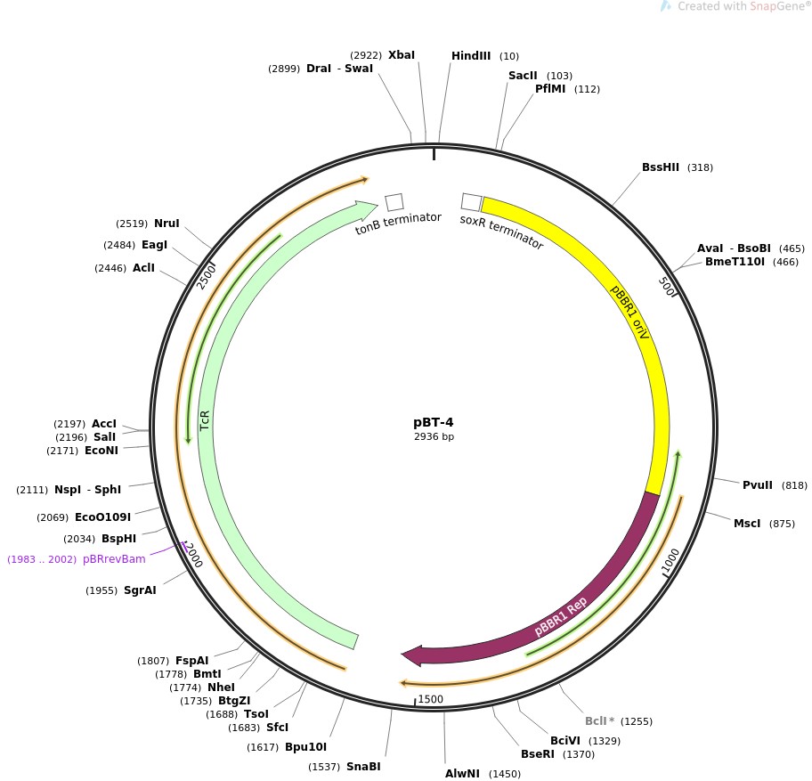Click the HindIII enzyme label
(x=471, y=56)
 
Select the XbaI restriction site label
(x=402, y=55)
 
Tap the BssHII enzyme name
(x=661, y=167)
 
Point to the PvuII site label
(x=759, y=485)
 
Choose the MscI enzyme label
(x=747, y=523)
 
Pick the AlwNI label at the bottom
(x=462, y=773)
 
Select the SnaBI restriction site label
(x=363, y=767)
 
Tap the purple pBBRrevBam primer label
(x=114, y=559)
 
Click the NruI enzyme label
(x=166, y=224)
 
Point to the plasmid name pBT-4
(x=434, y=422)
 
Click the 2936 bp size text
(x=434, y=436)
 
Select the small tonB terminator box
(x=394, y=202)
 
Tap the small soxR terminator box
(x=471, y=202)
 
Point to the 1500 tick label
(x=430, y=700)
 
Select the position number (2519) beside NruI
(x=132, y=224)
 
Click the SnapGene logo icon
(x=665, y=6)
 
